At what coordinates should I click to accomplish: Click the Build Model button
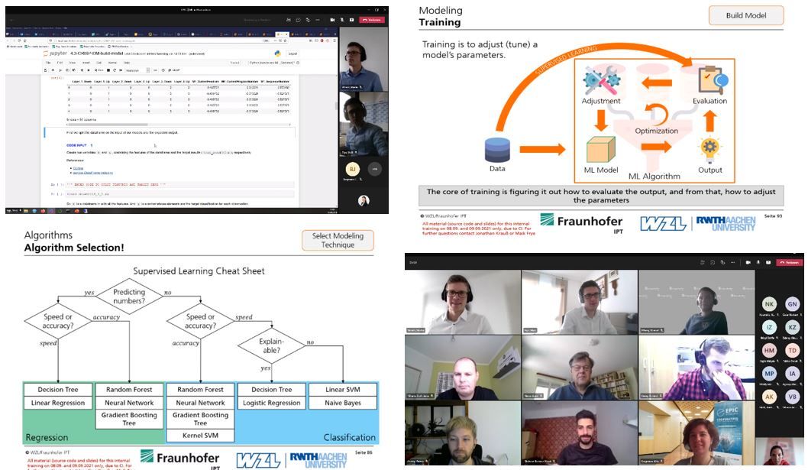746,15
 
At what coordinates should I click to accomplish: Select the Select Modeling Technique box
338,241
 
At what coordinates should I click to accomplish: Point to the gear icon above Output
710,147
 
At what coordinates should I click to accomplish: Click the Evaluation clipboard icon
709,79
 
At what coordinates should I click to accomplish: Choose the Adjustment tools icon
600,80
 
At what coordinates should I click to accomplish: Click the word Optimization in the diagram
656,131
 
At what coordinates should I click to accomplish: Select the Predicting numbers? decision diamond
129,296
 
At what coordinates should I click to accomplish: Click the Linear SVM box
342,390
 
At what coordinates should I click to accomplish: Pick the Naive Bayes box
342,403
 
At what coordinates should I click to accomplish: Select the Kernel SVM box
201,435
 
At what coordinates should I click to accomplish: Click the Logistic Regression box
270,403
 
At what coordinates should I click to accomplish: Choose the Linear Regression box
59,403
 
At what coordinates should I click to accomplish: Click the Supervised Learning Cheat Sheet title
199,271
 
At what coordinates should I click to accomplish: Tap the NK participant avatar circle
769,303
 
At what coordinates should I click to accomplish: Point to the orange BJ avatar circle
352,169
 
